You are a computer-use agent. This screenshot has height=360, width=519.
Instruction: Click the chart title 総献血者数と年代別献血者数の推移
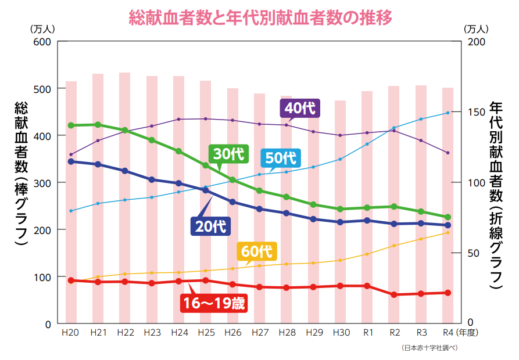260,17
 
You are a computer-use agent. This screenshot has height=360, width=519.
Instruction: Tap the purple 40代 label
301,108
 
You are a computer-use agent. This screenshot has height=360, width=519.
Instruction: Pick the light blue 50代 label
281,157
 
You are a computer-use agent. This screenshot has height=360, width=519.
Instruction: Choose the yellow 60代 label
257,251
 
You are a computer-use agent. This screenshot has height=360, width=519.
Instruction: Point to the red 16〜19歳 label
214,303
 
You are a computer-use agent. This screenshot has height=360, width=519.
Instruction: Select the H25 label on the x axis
206,333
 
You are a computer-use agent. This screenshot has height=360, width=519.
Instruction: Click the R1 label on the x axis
367,333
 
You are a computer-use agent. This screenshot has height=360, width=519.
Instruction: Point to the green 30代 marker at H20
71,125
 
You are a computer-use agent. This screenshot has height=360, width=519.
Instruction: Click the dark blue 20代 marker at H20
71,161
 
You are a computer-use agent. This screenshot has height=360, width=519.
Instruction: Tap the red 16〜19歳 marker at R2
394,295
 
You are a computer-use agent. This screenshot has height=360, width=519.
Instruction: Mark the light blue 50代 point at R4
448,113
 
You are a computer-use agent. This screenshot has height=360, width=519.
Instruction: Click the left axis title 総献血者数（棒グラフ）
22,174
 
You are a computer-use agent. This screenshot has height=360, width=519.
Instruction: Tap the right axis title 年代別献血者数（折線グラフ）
496,195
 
